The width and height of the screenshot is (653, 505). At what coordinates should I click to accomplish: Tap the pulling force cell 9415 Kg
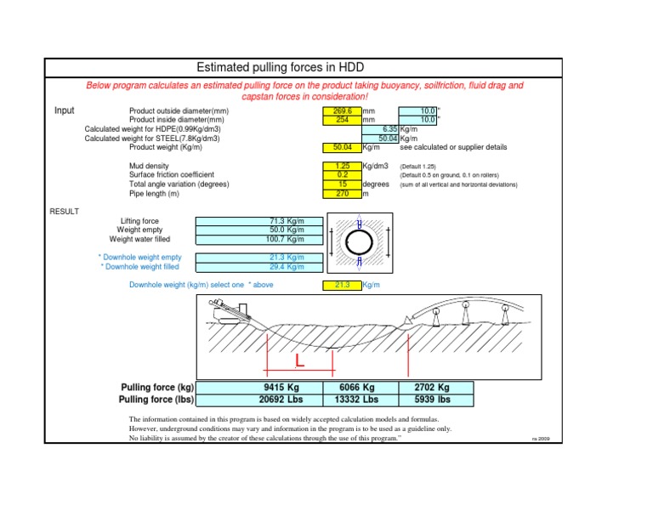(x=282, y=387)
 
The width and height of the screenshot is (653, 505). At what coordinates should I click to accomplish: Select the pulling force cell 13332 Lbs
(x=356, y=398)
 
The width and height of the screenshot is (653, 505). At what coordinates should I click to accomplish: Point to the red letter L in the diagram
(x=299, y=361)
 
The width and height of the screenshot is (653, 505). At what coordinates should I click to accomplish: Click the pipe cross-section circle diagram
(x=360, y=244)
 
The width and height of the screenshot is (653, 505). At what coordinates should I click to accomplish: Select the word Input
(x=65, y=111)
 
